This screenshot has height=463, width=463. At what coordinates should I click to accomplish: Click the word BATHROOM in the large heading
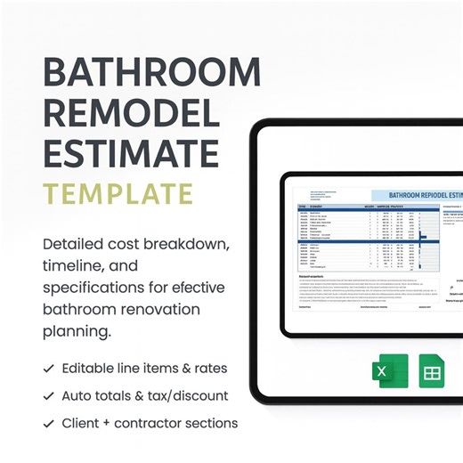151,72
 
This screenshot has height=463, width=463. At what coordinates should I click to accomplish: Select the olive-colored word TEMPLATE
118,194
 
